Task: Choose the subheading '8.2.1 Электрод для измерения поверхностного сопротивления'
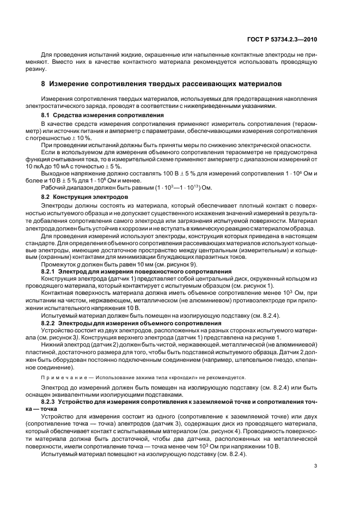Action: [136, 270]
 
